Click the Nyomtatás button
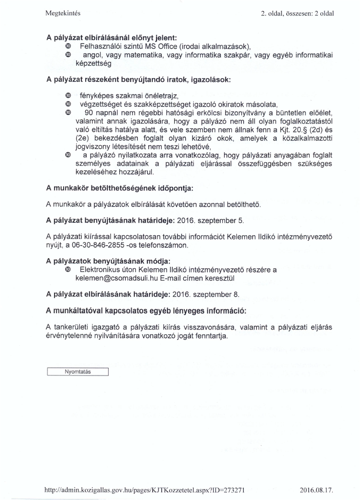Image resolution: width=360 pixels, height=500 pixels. [x=78, y=372]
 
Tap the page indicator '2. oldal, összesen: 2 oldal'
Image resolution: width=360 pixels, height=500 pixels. [x=297, y=13]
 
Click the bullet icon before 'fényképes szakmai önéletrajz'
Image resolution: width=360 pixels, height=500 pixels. [x=67, y=96]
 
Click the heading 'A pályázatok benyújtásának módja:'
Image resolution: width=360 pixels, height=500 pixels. [x=108, y=261]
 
